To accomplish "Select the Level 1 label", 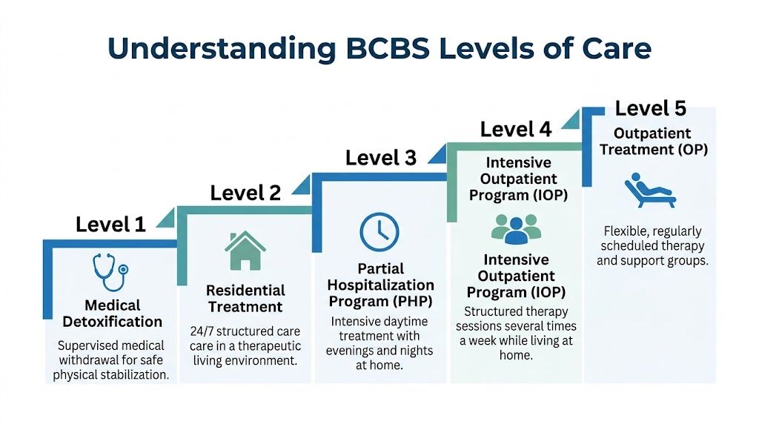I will click(110, 225).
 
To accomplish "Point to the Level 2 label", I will click(245, 193).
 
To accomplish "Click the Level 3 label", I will click(381, 158).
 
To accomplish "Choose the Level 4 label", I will click(516, 129).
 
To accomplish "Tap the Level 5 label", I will click(651, 108).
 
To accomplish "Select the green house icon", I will click(245, 251).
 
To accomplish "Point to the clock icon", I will click(379, 232).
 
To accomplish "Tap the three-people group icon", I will click(516, 229).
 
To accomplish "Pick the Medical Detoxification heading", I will click(112, 314).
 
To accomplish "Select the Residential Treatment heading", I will click(245, 298).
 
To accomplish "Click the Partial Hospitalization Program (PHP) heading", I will click(381, 285).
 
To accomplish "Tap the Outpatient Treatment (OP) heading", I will click(653, 142).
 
